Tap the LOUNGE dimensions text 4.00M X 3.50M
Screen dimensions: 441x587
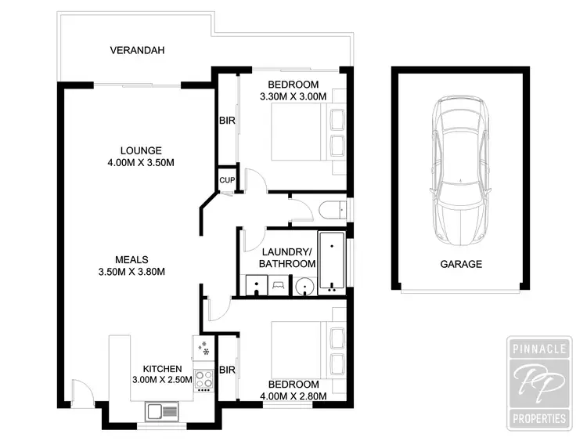[141, 163]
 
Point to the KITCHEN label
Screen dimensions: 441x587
[162, 369]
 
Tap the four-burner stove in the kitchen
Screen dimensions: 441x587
[204, 379]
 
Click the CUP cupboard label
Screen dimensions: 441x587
[227, 179]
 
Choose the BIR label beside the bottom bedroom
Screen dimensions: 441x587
[228, 369]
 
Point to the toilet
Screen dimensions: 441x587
[332, 208]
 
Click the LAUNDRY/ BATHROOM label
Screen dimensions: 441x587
[287, 258]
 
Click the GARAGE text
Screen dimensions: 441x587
[460, 264]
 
